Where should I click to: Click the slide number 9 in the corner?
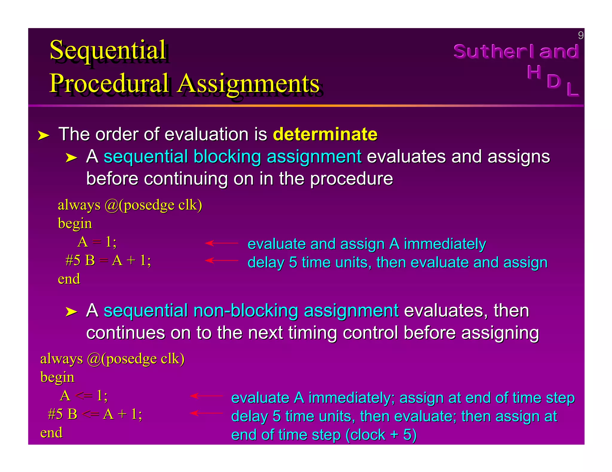[x=580, y=36]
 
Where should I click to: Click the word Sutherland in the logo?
[x=516, y=52]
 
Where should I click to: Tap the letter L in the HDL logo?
[x=572, y=89]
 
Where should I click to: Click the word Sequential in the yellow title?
[x=108, y=50]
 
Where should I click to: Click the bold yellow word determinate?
[x=325, y=134]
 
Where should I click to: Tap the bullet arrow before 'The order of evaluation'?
[x=43, y=135]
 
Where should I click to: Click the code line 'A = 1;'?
[x=97, y=242]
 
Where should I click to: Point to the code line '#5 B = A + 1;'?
[x=108, y=260]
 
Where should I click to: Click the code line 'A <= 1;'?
[x=84, y=396]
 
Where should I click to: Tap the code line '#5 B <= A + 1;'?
[x=95, y=414]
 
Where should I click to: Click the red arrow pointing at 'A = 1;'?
[x=221, y=243]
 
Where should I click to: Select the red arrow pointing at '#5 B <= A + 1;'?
[x=206, y=413]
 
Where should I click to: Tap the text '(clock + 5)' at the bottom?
[x=381, y=435]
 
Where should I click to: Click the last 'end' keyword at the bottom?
[x=51, y=433]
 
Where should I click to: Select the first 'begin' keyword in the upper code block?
[x=75, y=223]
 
